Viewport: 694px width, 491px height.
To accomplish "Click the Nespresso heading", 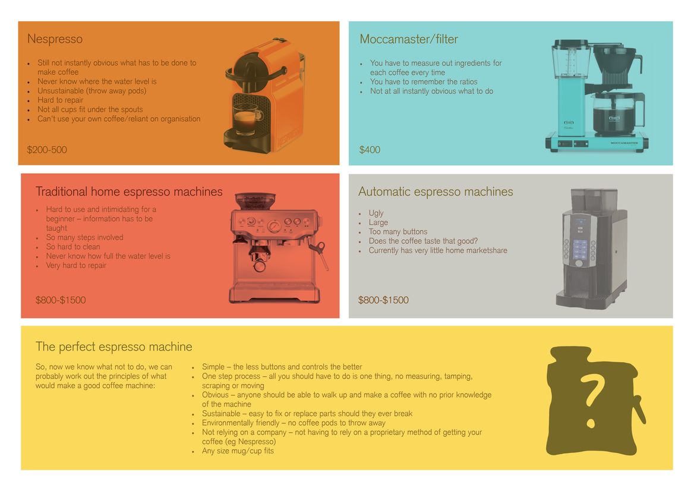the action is pyautogui.click(x=55, y=39).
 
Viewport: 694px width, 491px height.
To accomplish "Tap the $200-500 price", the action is pyautogui.click(x=47, y=150).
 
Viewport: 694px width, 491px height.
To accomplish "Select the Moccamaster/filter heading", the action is pyautogui.click(x=409, y=39).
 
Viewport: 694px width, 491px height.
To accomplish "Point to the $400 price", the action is pyautogui.click(x=370, y=150).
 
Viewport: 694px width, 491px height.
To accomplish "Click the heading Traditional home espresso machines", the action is pyautogui.click(x=129, y=192).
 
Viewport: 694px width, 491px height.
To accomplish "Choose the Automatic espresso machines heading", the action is pyautogui.click(x=436, y=192).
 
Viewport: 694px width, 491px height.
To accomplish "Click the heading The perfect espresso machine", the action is pyautogui.click(x=113, y=347).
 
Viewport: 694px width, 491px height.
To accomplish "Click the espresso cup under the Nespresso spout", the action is pyautogui.click(x=246, y=118).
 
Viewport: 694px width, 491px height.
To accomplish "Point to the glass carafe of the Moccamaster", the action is pyautogui.click(x=619, y=114).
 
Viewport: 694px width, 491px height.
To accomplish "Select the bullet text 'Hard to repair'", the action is pyautogui.click(x=60, y=100).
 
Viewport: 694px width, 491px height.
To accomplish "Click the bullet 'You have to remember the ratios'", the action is pyautogui.click(x=424, y=82).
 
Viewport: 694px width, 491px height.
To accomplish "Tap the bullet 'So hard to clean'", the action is pyautogui.click(x=73, y=247).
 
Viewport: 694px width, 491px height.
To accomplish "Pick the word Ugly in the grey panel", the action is pyautogui.click(x=376, y=213).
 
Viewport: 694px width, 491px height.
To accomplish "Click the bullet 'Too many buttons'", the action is pyautogui.click(x=398, y=232).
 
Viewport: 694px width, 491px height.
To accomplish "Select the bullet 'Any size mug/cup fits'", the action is pyautogui.click(x=238, y=451).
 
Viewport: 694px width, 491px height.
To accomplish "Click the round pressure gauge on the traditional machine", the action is pyautogui.click(x=274, y=226).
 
